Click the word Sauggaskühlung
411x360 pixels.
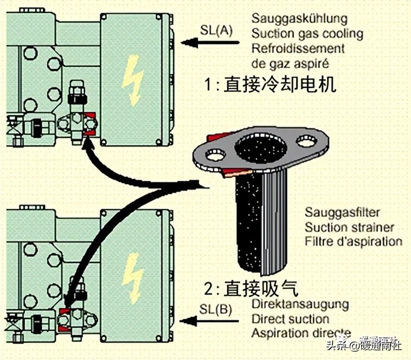pyautogui.click(x=299, y=19)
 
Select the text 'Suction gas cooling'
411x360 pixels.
pyautogui.click(x=307, y=34)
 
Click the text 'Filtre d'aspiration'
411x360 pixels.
pyautogui.click(x=353, y=241)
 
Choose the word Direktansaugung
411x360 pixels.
pyautogui.click(x=300, y=305)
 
